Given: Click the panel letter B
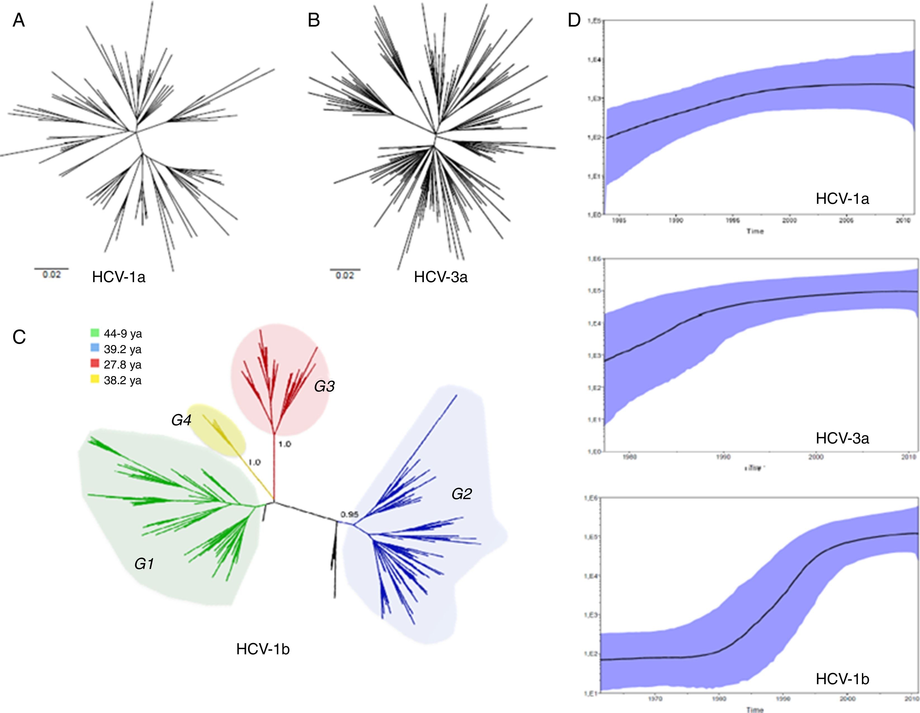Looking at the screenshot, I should (x=314, y=20).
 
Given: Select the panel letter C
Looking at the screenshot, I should (x=19, y=337).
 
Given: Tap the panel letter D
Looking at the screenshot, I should (x=574, y=20).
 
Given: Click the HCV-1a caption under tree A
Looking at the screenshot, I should (x=119, y=277).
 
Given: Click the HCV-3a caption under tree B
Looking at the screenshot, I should (x=441, y=277).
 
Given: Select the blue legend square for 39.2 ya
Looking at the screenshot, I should (x=95, y=348).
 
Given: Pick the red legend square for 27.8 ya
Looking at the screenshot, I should (x=95, y=363).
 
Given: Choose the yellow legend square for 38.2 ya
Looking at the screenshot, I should (x=95, y=379).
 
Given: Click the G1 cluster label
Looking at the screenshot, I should (x=144, y=564).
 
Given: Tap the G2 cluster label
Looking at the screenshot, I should (x=462, y=494).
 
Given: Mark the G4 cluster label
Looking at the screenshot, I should (x=181, y=420).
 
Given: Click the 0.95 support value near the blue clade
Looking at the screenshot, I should (x=350, y=514).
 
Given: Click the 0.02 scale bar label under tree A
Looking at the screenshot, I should (x=51, y=275).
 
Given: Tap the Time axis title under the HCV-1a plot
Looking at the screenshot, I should (x=755, y=231).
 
